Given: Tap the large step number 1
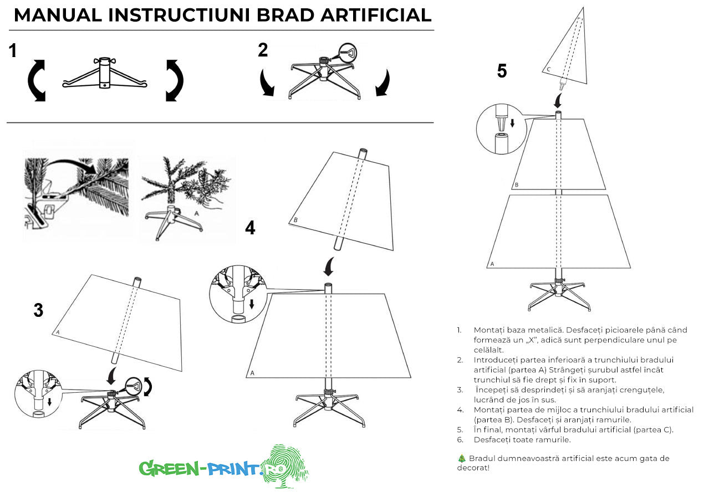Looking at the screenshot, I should [12, 52].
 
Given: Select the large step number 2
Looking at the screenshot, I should [263, 50].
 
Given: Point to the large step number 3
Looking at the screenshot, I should [38, 311].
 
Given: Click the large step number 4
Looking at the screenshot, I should [250, 228].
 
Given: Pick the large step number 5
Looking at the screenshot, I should [501, 71].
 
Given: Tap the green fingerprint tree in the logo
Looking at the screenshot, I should [284, 465].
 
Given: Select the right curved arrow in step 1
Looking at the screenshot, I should [174, 80].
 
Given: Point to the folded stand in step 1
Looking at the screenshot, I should [105, 74].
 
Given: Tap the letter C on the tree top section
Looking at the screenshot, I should [548, 69].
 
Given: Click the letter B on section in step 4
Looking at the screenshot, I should [295, 220].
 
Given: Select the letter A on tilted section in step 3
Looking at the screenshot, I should [58, 332].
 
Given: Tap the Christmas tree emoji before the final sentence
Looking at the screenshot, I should [461, 459].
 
